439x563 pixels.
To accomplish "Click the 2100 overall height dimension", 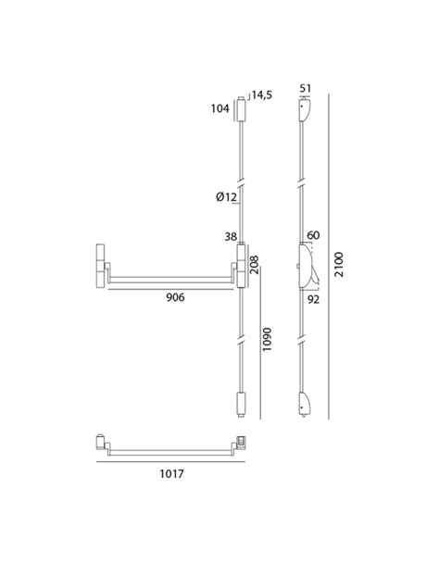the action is [x=339, y=265].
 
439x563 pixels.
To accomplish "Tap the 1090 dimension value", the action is [x=267, y=339].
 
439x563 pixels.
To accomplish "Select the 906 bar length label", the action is [x=175, y=297].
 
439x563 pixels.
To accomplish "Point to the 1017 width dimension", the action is [x=171, y=474].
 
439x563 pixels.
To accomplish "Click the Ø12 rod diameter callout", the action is [x=226, y=196].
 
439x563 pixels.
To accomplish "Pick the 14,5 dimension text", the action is [x=262, y=95].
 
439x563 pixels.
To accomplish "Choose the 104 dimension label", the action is [x=219, y=108].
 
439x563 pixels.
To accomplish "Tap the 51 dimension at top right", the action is [x=305, y=88].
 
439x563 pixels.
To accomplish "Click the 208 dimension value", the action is [x=255, y=265].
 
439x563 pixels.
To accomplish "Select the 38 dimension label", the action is [x=231, y=237].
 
